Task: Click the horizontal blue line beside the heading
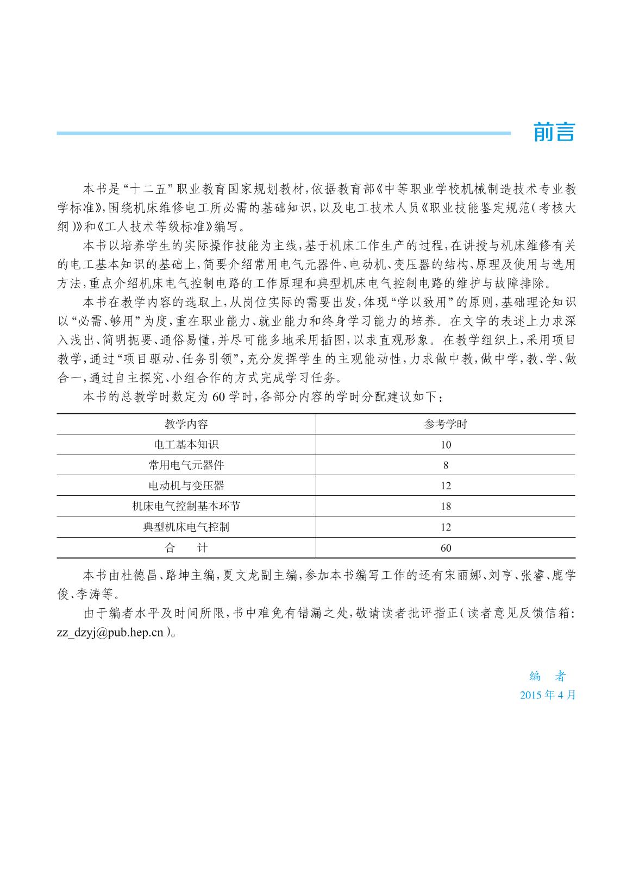pyautogui.click(x=283, y=133)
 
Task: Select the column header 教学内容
pyautogui.click(x=186, y=424)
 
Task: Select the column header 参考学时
pyautogui.click(x=446, y=424)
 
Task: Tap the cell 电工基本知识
pyautogui.click(x=186, y=445)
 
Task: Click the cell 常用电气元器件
pyautogui.click(x=186, y=465)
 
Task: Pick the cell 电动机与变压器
pyautogui.click(x=186, y=486)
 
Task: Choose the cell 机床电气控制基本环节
pyautogui.click(x=186, y=506)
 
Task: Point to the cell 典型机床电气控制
pyautogui.click(x=186, y=527)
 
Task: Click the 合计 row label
pyautogui.click(x=186, y=548)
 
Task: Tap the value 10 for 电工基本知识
pyautogui.click(x=446, y=445)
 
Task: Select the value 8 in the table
pyautogui.click(x=446, y=465)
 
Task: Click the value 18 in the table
pyautogui.click(x=446, y=506)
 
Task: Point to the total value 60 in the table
pyautogui.click(x=446, y=548)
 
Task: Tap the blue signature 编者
pyautogui.click(x=548, y=676)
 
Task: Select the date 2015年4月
pyautogui.click(x=548, y=695)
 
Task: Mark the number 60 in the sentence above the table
pyautogui.click(x=218, y=397)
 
